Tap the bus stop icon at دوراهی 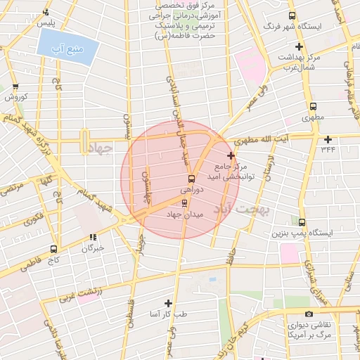coord(191,179)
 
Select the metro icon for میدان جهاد coord(185,203)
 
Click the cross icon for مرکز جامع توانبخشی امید coord(231,155)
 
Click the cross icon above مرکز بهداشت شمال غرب coord(299,46)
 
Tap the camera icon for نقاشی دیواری coord(308,314)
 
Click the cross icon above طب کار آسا coord(168,303)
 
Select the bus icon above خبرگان coord(93,238)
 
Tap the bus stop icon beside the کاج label coord(54,249)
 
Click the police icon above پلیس coord(46,12)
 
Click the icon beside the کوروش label coord(15,87)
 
